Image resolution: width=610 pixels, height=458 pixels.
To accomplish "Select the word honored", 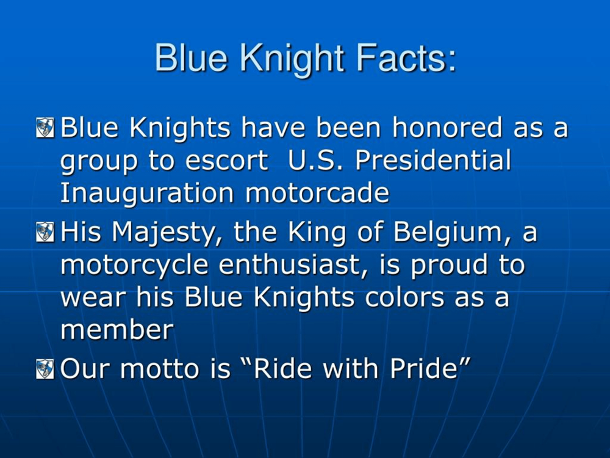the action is pyautogui.click(x=447, y=127).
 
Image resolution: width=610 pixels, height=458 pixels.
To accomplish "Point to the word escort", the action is pyautogui.click(x=227, y=161).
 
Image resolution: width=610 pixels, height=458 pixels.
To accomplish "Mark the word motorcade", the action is pyautogui.click(x=317, y=193).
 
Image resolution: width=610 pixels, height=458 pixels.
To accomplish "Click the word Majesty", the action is pyautogui.click(x=163, y=233).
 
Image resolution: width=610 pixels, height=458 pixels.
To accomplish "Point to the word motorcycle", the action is pyautogui.click(x=134, y=266).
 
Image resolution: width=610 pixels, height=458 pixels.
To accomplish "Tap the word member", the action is pyautogui.click(x=117, y=330).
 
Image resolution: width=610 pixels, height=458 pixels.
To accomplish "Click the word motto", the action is pyautogui.click(x=159, y=369).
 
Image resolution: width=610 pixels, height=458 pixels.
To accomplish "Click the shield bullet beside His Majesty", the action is pyautogui.click(x=45, y=231).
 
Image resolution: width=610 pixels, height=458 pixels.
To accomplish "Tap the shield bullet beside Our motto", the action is pyautogui.click(x=45, y=369).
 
